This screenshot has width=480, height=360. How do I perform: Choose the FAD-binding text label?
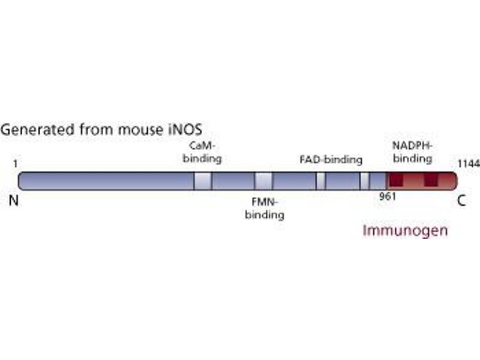coord(331,160)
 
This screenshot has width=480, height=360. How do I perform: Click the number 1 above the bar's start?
coord(15,164)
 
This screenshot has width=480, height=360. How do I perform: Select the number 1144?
coord(468,164)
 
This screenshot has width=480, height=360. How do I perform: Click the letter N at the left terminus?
coord(14,201)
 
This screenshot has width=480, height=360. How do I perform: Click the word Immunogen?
coord(405,230)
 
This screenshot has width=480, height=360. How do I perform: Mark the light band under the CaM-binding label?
coord(203,181)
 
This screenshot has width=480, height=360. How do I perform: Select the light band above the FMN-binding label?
coord(263,181)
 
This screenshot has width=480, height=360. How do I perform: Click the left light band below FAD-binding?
coord(320,181)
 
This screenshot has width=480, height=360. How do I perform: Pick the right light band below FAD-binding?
coord(364,181)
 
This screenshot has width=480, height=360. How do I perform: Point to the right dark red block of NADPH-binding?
coord(431,180)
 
